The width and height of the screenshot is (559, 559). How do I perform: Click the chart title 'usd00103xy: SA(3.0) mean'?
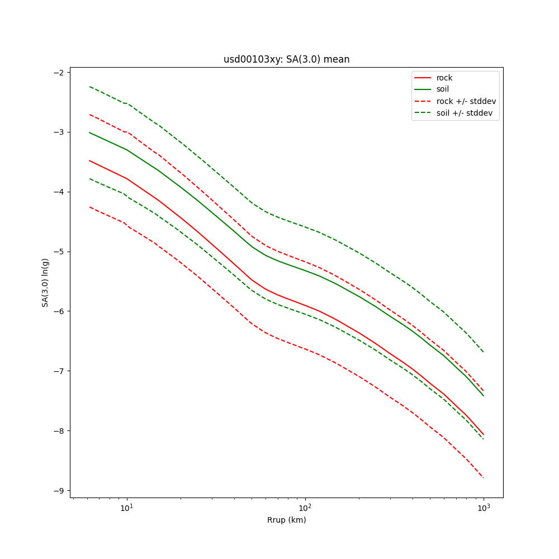click(286, 59)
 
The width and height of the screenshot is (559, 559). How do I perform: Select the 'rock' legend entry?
click(444, 78)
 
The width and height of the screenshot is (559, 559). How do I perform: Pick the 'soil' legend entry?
click(443, 89)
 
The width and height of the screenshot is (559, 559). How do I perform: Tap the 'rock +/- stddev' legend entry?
click(466, 101)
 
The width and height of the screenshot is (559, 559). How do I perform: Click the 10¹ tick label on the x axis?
click(127, 507)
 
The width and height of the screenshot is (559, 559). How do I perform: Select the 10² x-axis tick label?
click(305, 507)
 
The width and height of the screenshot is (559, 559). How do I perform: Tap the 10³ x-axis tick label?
click(484, 507)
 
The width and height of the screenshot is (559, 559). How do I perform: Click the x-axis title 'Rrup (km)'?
click(286, 520)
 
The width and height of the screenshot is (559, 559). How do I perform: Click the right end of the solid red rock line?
click(483, 434)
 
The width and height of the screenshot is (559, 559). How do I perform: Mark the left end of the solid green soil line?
click(89, 132)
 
